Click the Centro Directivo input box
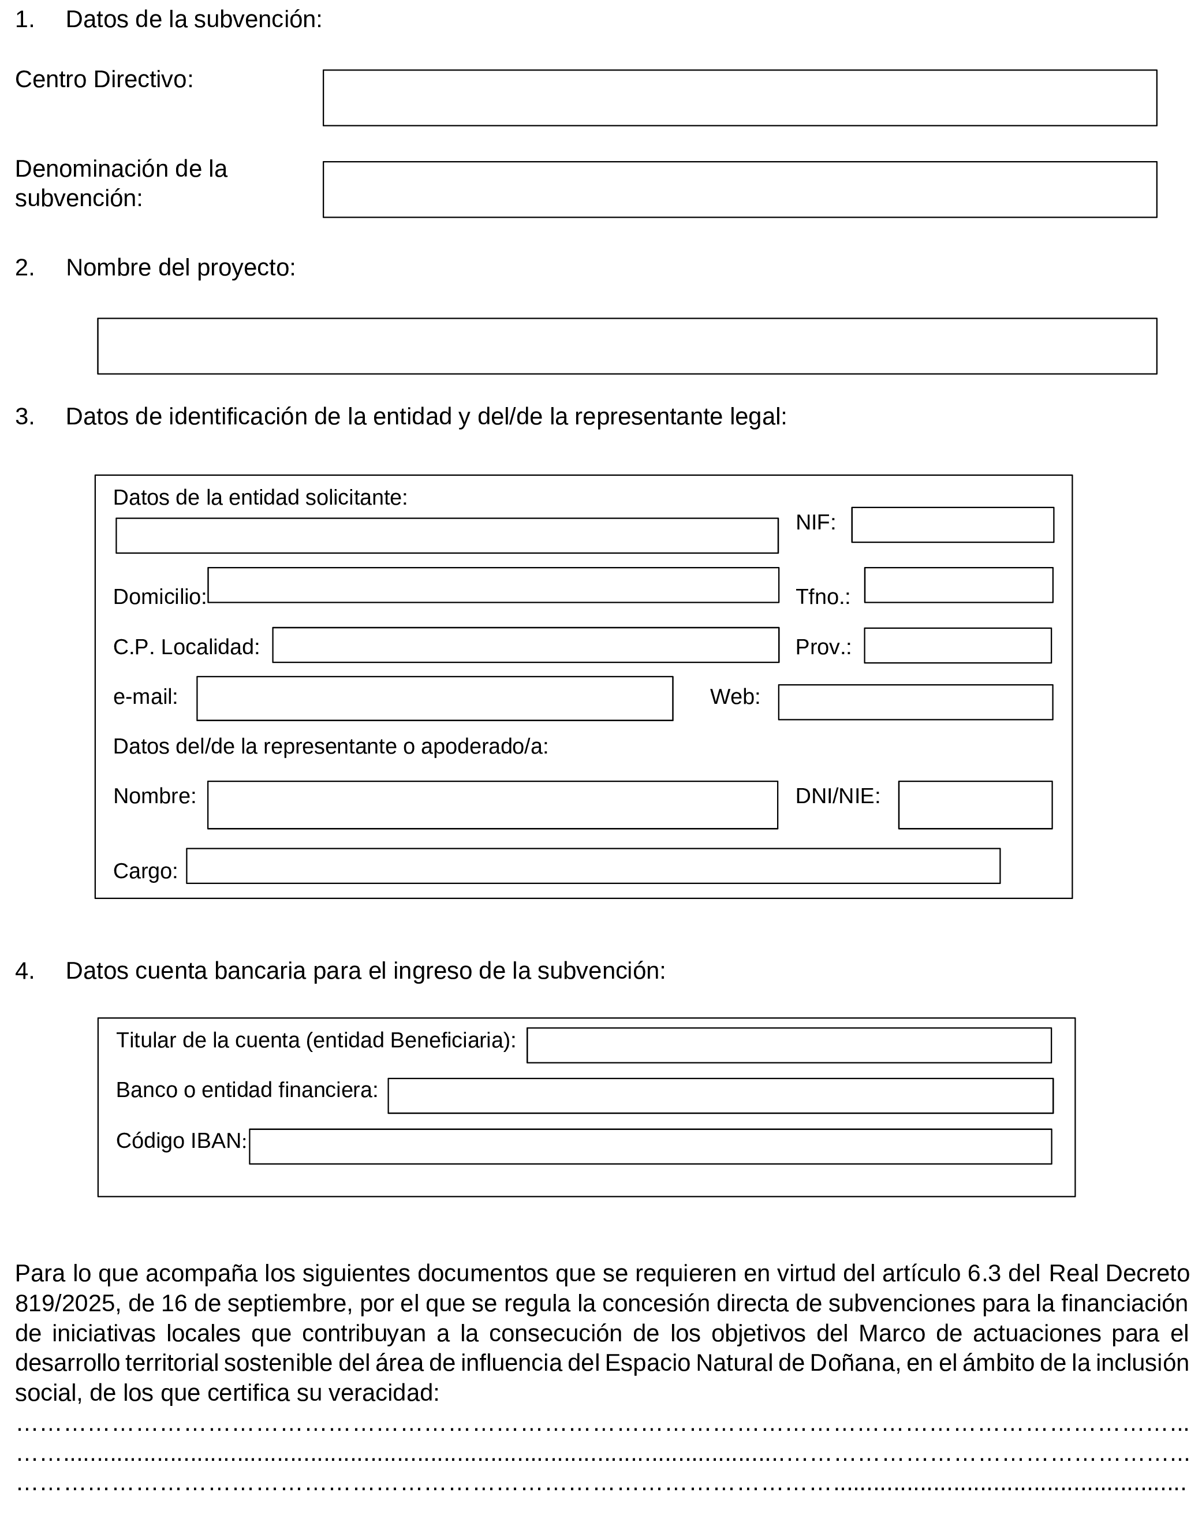(740, 98)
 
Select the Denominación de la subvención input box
(740, 189)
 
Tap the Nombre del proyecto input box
(627, 346)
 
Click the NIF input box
(952, 525)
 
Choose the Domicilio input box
(493, 585)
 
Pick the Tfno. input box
(958, 585)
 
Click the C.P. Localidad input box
(526, 646)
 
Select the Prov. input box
(958, 646)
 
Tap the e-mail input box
(435, 699)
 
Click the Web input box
(916, 702)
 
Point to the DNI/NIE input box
(975, 805)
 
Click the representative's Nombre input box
(492, 805)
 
